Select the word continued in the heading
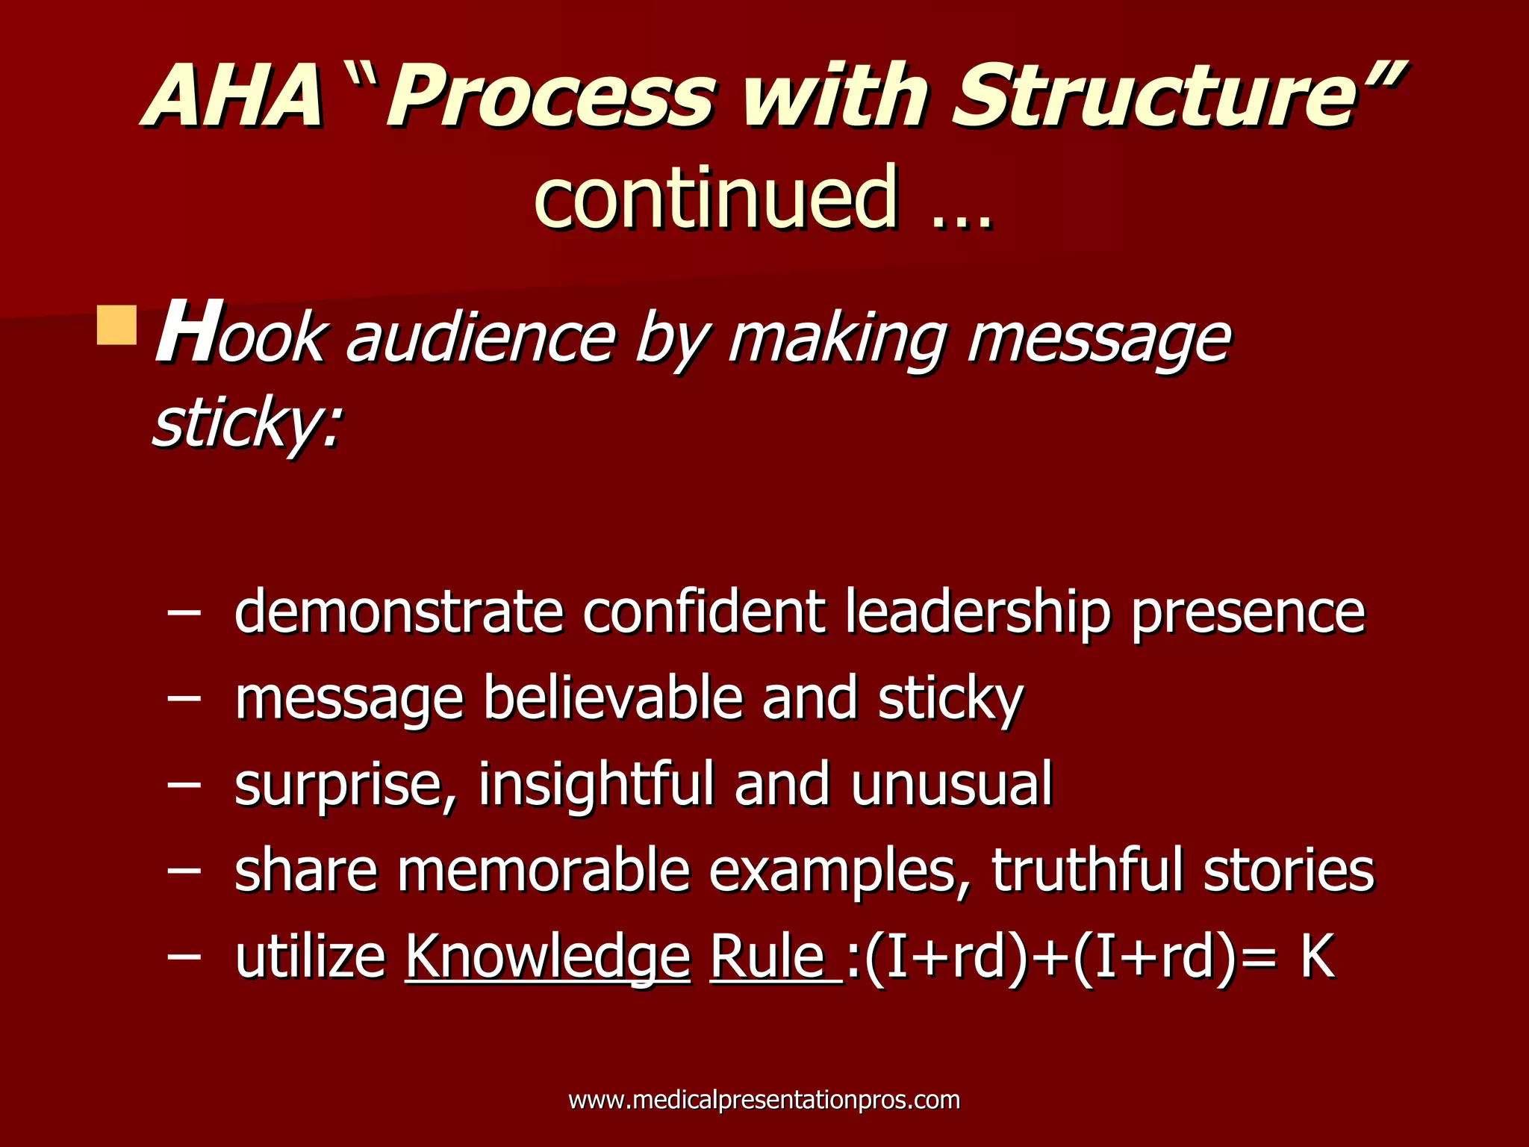pyautogui.click(x=715, y=198)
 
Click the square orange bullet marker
pyautogui.click(x=117, y=325)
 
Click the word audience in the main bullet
pyautogui.click(x=480, y=340)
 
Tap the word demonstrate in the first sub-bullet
pyautogui.click(x=399, y=612)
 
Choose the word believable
pyautogui.click(x=612, y=698)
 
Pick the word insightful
pyautogui.click(x=596, y=784)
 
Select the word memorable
pyautogui.click(x=544, y=871)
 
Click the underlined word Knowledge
pyautogui.click(x=547, y=957)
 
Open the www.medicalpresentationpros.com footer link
pyautogui.click(x=764, y=1100)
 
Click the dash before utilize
pyautogui.click(x=184, y=955)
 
